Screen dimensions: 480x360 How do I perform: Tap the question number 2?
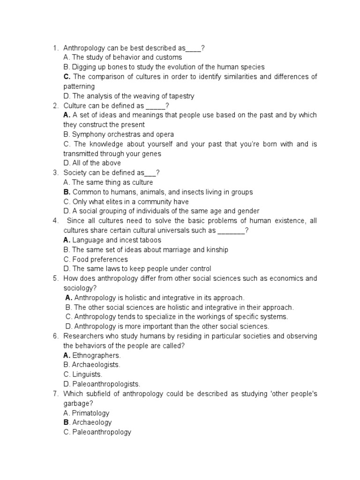(x=55, y=105)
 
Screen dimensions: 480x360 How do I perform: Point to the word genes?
(x=151, y=154)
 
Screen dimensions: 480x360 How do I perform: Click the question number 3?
(x=55, y=173)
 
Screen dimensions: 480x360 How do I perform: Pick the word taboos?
(x=148, y=240)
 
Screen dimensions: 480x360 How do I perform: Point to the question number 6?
(x=55, y=336)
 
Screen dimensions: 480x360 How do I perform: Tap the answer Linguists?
(x=87, y=375)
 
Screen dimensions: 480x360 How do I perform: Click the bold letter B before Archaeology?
(x=66, y=422)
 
